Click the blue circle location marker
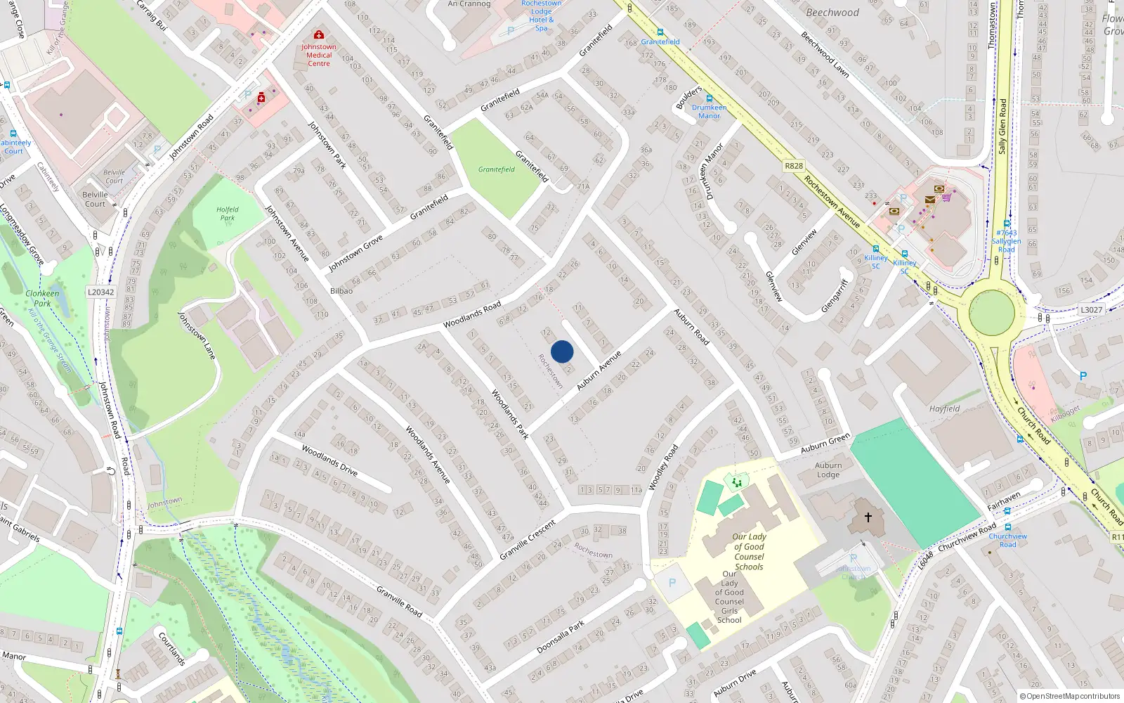point(562,351)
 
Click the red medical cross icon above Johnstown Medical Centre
point(319,34)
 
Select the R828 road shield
point(794,166)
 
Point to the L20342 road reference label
point(101,292)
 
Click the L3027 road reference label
point(1091,309)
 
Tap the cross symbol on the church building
point(868,517)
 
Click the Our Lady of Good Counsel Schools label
point(750,551)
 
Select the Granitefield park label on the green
point(497,169)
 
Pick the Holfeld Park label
point(228,213)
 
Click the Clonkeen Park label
point(42,298)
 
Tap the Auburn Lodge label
point(828,470)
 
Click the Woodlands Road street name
point(472,314)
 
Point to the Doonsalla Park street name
point(561,637)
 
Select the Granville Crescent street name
point(528,540)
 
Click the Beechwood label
point(832,13)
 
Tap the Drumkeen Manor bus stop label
point(710,111)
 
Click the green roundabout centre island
point(992,312)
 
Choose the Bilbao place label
point(341,290)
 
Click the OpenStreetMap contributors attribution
point(1070,696)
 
